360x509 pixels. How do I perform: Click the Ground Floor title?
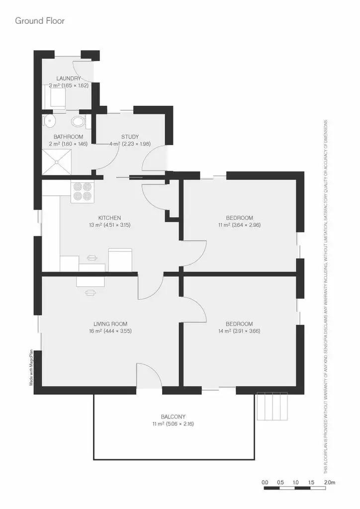click(40, 21)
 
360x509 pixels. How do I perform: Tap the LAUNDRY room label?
click(69, 79)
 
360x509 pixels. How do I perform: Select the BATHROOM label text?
click(69, 137)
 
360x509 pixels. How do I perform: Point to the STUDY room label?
click(130, 137)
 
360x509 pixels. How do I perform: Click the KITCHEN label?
click(109, 218)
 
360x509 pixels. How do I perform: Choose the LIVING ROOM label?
click(110, 324)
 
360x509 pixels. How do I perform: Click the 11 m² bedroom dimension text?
click(240, 225)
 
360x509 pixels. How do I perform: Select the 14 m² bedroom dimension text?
click(239, 331)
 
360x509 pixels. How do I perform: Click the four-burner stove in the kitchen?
click(82, 191)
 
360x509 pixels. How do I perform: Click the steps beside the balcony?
click(272, 407)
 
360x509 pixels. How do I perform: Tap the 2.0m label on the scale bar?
click(330, 482)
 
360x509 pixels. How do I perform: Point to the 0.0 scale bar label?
click(265, 482)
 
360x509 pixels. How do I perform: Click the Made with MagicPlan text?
click(31, 367)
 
